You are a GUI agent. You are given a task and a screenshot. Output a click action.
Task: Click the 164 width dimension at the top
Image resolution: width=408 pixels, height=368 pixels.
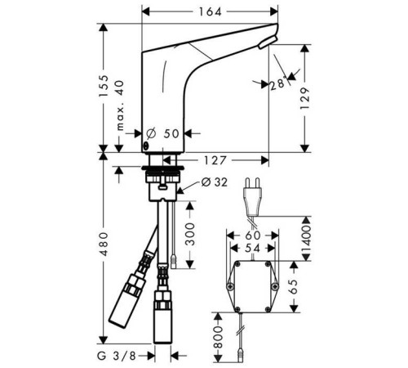[x=211, y=11]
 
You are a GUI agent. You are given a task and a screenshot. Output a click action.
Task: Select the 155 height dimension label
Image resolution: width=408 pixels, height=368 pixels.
[x=104, y=86]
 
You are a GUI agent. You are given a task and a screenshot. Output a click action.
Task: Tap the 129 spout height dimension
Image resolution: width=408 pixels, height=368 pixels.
[x=305, y=98]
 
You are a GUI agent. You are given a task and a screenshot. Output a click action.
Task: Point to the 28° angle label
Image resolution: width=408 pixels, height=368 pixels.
[x=278, y=83]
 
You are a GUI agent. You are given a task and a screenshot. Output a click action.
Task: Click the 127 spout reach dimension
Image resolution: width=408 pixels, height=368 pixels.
[x=215, y=160]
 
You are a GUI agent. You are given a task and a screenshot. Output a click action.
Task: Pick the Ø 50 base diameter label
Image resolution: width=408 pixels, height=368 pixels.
[x=162, y=133]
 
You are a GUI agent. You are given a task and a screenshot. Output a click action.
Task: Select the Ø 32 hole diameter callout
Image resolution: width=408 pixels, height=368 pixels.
[x=214, y=182]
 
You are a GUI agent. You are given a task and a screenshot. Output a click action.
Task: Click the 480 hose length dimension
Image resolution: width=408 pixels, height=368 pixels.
[x=104, y=244]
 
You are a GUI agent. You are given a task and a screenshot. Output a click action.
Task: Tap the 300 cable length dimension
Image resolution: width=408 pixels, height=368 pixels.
[x=190, y=234]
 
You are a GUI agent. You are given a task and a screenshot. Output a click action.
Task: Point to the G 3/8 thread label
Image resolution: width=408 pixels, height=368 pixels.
[x=117, y=356]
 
